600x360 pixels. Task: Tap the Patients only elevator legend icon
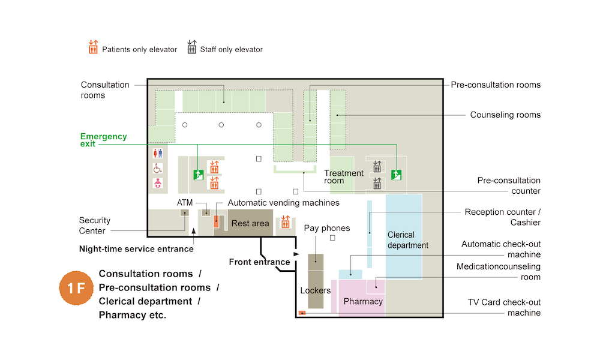coord(93,47)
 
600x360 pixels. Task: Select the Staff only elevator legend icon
coord(192,47)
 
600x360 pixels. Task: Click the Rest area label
coord(250,224)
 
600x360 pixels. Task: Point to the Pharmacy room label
coord(363,301)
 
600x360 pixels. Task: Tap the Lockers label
coord(316,291)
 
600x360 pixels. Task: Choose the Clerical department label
coord(408,240)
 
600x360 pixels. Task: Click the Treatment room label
coord(344,177)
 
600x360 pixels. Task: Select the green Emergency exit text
coord(104,140)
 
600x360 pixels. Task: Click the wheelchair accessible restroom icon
coord(158,169)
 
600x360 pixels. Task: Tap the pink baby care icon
coord(158,183)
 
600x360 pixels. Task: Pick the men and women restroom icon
coord(158,154)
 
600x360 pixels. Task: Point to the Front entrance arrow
coord(296,255)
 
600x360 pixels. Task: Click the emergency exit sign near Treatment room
coord(396,175)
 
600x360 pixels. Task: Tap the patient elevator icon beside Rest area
coord(286,222)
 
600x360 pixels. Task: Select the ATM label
coord(185,203)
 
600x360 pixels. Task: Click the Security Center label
coord(94,226)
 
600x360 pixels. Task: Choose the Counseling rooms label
coord(505,115)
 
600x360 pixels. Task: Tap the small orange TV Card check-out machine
coord(302,313)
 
